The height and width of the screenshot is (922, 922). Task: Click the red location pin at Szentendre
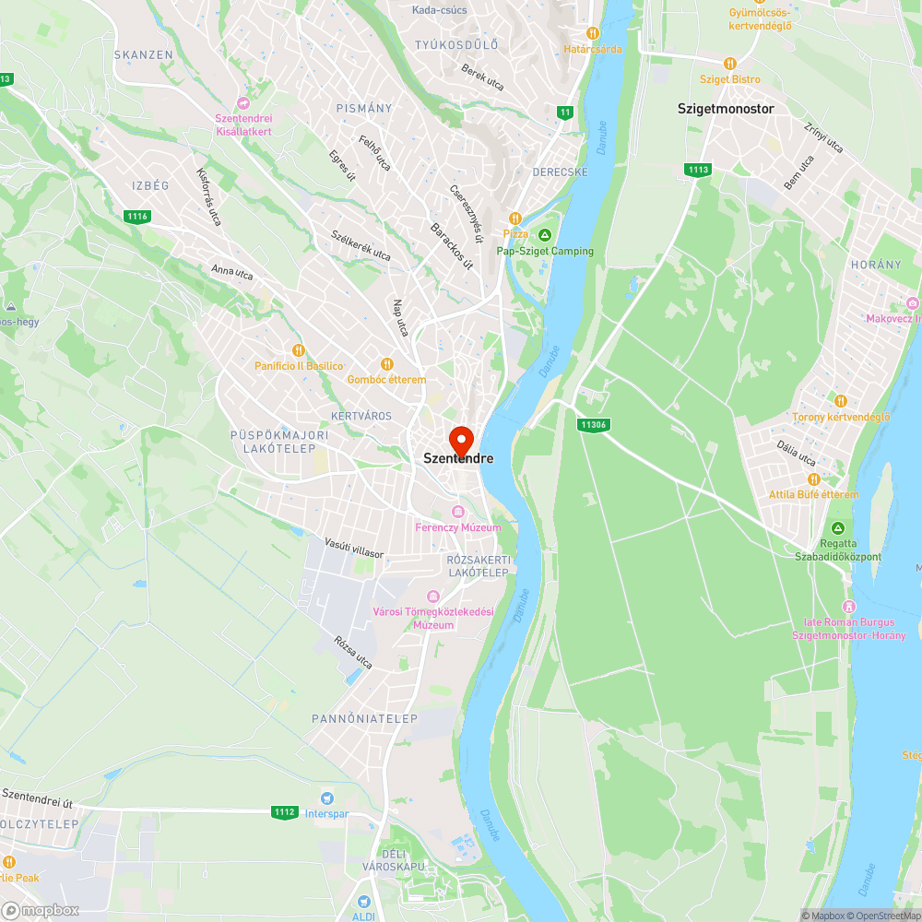[x=460, y=439]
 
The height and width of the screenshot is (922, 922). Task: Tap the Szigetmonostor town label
[x=726, y=108]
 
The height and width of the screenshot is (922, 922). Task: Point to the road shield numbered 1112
[x=285, y=811]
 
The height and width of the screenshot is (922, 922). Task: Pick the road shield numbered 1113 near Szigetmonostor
[x=698, y=170]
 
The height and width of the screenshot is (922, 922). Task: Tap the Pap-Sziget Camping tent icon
[x=545, y=235]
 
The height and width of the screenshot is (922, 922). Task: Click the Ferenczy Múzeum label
[x=458, y=527]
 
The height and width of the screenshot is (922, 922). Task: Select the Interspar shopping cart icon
[x=326, y=798]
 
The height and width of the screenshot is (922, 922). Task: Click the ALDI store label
[x=363, y=915]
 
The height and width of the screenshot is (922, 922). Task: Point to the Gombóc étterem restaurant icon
[x=387, y=364]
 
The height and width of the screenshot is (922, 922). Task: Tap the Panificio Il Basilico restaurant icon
[x=299, y=350]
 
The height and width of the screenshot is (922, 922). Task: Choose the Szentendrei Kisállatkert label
[x=243, y=124]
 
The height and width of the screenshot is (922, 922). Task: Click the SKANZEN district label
[x=143, y=54]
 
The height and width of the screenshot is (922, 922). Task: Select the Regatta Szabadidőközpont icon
[x=838, y=528]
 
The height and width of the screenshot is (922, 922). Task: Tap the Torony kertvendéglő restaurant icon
[x=841, y=401]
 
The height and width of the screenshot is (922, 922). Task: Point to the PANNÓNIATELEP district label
[x=364, y=718]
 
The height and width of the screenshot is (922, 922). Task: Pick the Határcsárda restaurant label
[x=593, y=49]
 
